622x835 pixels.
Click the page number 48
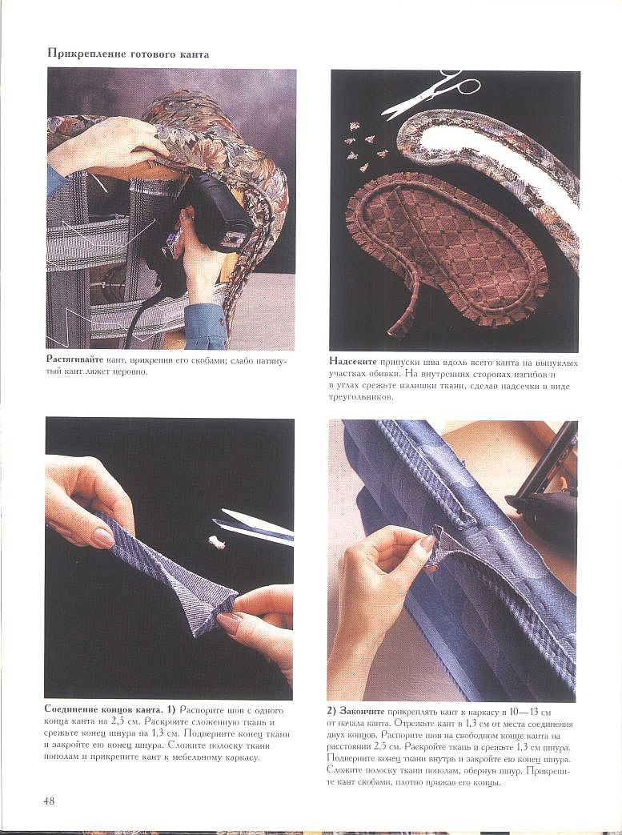click(49, 801)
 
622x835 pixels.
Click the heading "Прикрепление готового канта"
click(128, 54)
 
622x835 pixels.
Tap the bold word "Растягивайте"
click(74, 360)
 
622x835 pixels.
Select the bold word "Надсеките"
click(352, 362)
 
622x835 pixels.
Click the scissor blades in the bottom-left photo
click(253, 528)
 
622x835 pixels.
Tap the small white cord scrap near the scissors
click(216, 542)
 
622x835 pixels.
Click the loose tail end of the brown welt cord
click(397, 329)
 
